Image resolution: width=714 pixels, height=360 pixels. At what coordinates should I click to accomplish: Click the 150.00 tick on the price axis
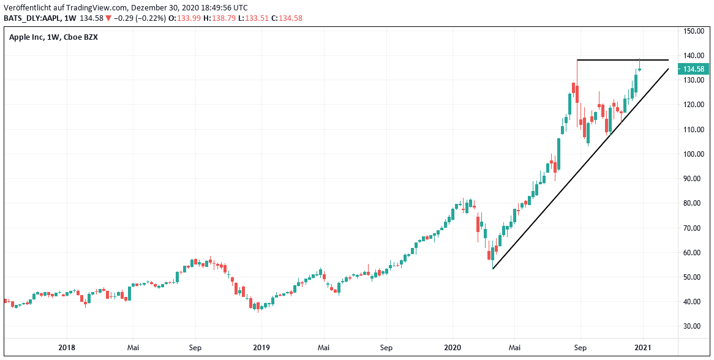tap(694, 31)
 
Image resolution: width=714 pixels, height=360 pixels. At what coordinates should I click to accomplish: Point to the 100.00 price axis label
tap(694, 154)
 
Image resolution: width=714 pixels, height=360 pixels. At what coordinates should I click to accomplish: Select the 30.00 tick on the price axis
tap(694, 326)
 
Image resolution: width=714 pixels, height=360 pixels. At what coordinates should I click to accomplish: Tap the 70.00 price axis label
tap(694, 228)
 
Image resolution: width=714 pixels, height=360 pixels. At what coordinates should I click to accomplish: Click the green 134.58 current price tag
tap(695, 69)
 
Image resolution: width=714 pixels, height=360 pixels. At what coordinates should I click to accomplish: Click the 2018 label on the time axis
tap(67, 348)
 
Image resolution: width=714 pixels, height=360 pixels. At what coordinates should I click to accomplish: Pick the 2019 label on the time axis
tap(261, 348)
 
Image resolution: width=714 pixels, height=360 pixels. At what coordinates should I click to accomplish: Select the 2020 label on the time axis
tap(452, 348)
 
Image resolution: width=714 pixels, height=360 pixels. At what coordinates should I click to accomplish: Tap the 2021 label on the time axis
tap(643, 348)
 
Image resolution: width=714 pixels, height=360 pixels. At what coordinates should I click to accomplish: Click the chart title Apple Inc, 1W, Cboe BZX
tap(53, 37)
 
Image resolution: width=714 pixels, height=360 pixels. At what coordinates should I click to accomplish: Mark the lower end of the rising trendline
tap(493, 268)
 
